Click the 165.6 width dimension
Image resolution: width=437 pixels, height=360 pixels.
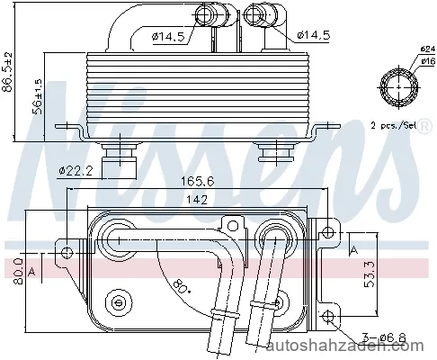click(x=197, y=181)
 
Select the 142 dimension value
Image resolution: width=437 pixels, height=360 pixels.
click(x=197, y=200)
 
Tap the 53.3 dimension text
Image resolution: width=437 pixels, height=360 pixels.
click(x=370, y=274)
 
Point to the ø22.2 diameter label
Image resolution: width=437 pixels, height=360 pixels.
click(x=76, y=171)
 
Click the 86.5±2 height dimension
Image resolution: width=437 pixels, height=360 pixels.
click(x=7, y=72)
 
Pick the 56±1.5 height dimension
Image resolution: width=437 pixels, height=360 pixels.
click(x=38, y=96)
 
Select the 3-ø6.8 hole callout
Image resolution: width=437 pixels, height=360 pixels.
click(x=384, y=338)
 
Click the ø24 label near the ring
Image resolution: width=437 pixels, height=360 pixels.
click(x=427, y=49)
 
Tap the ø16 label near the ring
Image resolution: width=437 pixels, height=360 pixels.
click(x=428, y=61)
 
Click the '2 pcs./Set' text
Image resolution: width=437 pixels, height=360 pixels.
click(x=394, y=125)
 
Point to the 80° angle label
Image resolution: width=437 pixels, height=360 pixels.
click(x=183, y=285)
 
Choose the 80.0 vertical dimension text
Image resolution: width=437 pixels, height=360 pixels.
click(x=19, y=271)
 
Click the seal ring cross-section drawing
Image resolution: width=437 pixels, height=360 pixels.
click(x=398, y=87)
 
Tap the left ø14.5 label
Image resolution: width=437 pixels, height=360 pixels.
click(x=167, y=37)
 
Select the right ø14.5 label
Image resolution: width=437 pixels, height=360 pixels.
click(x=314, y=35)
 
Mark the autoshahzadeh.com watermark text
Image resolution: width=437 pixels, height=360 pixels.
click(x=344, y=346)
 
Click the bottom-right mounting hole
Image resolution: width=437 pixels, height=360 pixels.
click(x=328, y=316)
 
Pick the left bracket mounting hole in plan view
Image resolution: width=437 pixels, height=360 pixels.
click(x=67, y=252)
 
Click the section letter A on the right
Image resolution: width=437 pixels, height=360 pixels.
click(x=354, y=249)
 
